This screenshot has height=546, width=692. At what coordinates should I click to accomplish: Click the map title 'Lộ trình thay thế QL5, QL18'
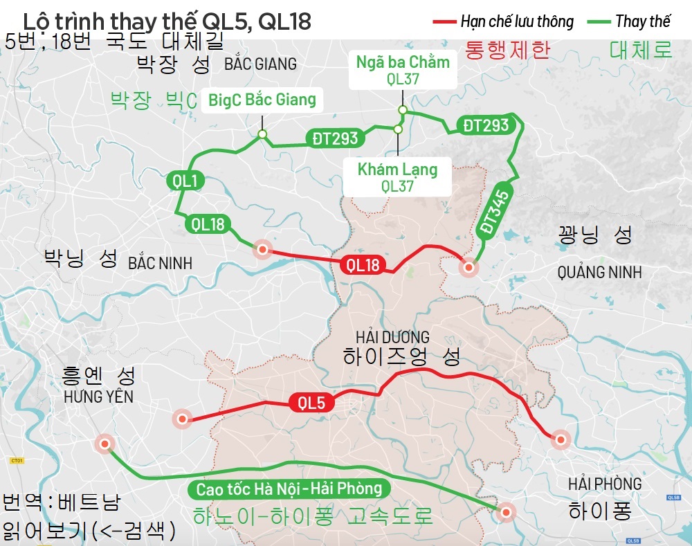tap(167, 21)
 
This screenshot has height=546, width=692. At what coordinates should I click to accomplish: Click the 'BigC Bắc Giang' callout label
tap(262, 100)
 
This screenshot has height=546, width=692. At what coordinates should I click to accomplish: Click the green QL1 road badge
tap(185, 181)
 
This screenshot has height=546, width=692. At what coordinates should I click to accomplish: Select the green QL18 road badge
tap(208, 224)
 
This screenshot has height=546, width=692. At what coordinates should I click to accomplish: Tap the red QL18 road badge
tap(363, 264)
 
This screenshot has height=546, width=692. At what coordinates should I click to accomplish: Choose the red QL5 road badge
tap(311, 403)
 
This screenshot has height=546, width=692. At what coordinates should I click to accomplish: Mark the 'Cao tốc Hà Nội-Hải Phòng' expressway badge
tap(289, 489)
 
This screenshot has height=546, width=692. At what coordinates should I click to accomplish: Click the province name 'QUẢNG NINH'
tap(599, 273)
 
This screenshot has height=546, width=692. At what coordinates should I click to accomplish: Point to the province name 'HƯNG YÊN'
tap(98, 397)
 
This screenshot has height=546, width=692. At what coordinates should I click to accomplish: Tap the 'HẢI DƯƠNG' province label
tap(392, 338)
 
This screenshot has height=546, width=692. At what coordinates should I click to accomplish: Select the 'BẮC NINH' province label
tap(160, 264)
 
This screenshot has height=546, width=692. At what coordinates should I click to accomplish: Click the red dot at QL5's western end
tap(182, 419)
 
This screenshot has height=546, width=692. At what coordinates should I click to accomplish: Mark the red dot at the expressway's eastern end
tap(507, 512)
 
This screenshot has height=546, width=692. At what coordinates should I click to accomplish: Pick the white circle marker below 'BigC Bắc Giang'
tap(262, 134)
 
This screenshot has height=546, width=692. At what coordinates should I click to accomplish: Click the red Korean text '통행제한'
tap(507, 50)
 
